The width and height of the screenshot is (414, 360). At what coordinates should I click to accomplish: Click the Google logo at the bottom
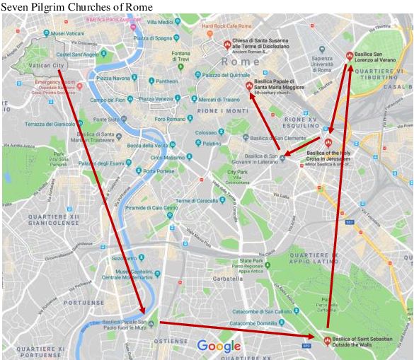[x=219, y=346]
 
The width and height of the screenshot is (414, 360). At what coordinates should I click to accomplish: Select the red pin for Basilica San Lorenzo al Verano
[x=349, y=56]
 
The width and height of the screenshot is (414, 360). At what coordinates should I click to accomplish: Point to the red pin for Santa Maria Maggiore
[x=248, y=86]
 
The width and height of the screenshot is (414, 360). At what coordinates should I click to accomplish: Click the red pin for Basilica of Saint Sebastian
[x=326, y=340]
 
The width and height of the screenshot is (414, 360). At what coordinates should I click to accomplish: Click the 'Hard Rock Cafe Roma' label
[x=227, y=26]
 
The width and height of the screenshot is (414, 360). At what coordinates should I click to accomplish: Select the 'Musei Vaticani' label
[x=68, y=34]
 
